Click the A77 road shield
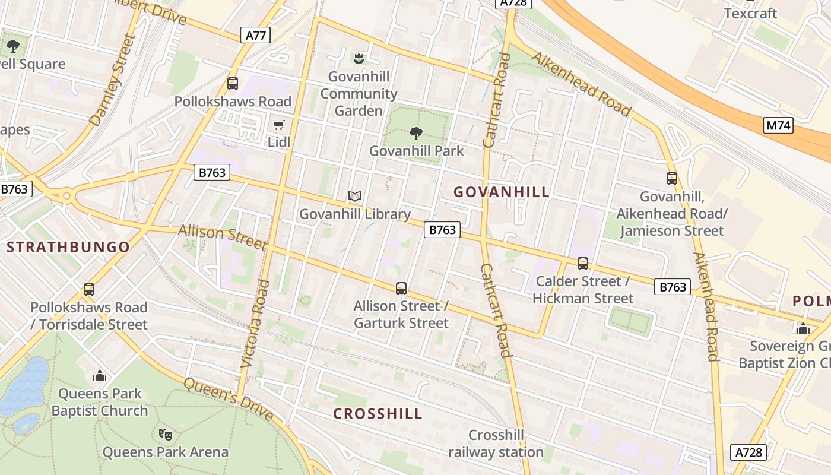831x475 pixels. [256, 35]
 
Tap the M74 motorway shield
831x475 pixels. [778, 125]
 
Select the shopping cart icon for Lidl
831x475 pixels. [278, 125]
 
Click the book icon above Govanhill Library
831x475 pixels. [355, 196]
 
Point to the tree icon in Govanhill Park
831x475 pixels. [416, 133]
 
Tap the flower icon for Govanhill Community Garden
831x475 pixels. [358, 58]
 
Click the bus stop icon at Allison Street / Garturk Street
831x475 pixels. [401, 289]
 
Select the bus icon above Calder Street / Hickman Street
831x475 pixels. [583, 263]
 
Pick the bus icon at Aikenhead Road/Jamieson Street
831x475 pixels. [672, 178]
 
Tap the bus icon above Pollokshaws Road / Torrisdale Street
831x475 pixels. [89, 290]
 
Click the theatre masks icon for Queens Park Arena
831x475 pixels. [166, 434]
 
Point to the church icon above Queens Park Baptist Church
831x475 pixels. [100, 376]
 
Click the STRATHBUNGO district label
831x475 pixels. [68, 247]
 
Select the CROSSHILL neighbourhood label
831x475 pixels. [378, 414]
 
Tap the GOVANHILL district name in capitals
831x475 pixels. [502, 192]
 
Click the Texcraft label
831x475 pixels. [750, 13]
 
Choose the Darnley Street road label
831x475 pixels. [113, 80]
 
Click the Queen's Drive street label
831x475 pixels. [228, 398]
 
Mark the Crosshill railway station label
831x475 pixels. [496, 444]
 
